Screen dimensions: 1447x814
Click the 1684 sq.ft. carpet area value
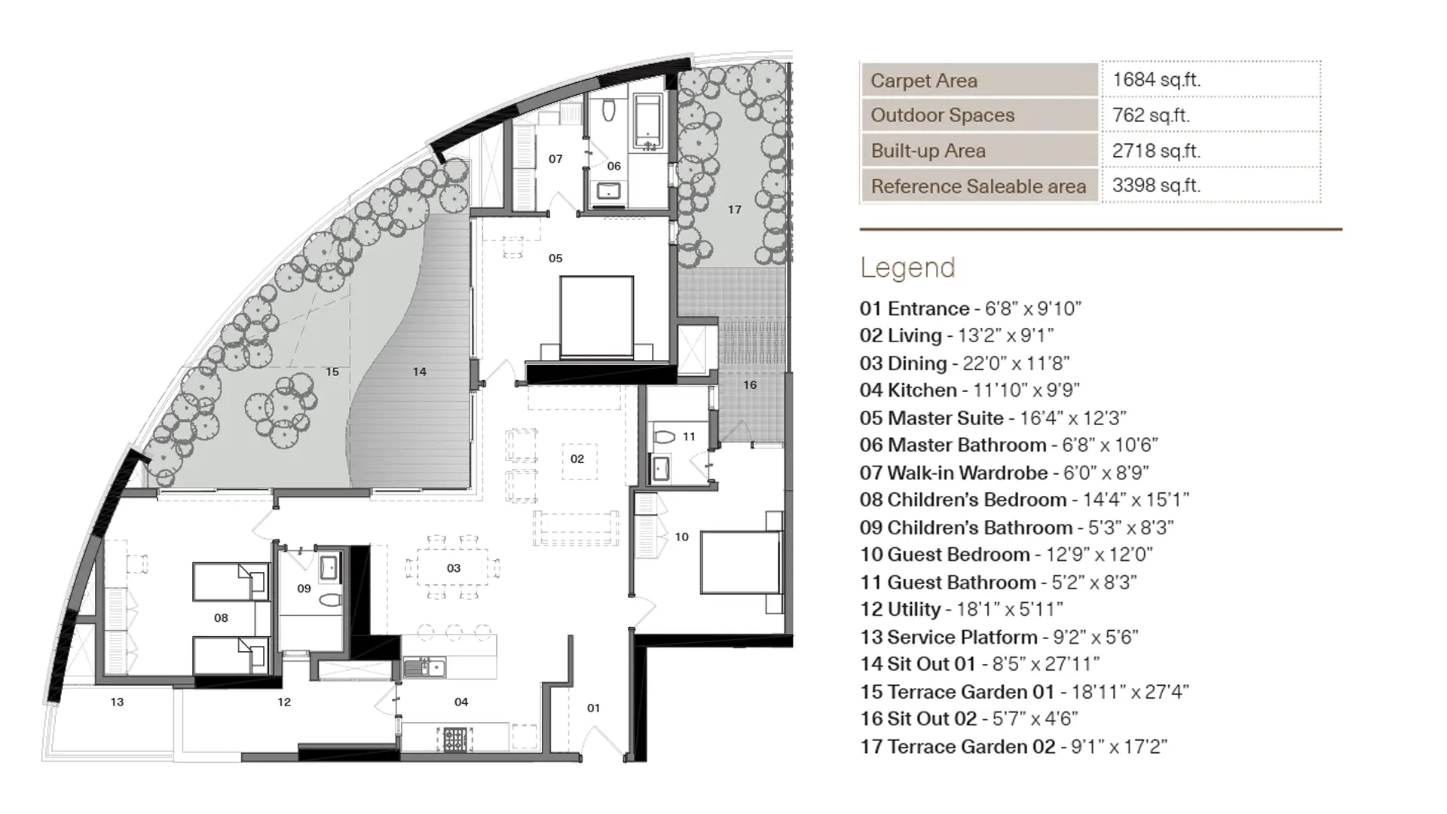click(x=1156, y=80)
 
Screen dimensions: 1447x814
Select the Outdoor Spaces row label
click(x=942, y=115)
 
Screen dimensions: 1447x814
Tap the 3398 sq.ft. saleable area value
click(x=1156, y=185)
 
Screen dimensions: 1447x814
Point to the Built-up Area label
click(x=928, y=151)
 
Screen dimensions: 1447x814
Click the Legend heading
click(x=907, y=268)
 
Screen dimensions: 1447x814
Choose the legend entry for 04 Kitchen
click(x=969, y=390)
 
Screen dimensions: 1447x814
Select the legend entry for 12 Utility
click(x=961, y=610)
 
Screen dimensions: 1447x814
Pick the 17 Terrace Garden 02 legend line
click(x=1013, y=747)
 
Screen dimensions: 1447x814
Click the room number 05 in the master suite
click(x=555, y=259)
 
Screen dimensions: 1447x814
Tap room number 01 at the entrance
click(x=594, y=708)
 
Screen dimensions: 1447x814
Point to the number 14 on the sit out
click(x=420, y=372)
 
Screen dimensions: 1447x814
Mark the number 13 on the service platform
click(x=117, y=702)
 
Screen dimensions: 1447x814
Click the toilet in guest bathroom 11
click(x=664, y=437)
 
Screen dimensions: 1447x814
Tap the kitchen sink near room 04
click(x=424, y=667)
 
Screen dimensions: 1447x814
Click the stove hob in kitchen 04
click(x=455, y=739)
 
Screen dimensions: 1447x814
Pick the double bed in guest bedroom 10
click(x=739, y=563)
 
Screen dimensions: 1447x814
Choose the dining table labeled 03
click(x=453, y=568)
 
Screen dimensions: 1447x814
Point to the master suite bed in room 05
click(x=597, y=317)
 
